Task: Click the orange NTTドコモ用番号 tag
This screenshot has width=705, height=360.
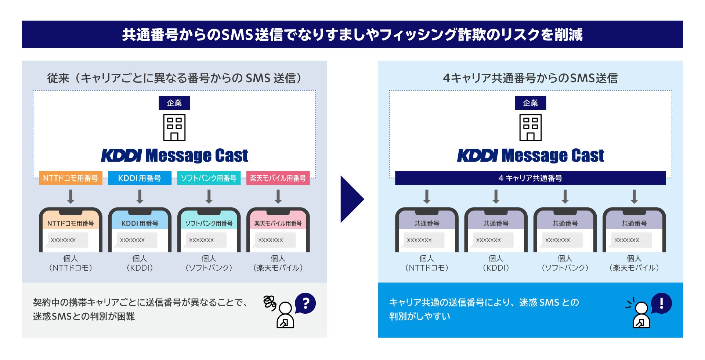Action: [x=70, y=178]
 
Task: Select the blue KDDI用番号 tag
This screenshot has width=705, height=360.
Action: [x=140, y=178]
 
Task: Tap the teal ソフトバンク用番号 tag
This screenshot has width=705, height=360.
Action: [x=209, y=178]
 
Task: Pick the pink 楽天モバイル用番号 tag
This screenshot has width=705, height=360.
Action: [x=278, y=178]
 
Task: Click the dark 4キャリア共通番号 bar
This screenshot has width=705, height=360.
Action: [x=530, y=178]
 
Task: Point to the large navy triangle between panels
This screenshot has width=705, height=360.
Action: [x=351, y=199]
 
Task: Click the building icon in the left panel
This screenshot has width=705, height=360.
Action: [x=174, y=127]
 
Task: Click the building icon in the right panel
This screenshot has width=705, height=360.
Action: [x=530, y=127]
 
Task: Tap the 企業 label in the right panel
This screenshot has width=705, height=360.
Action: [x=530, y=103]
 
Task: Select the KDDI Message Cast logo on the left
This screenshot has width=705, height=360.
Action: [x=174, y=155]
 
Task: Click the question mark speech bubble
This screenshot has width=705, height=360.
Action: [x=305, y=303]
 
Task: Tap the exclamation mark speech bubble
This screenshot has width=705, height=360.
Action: [x=661, y=303]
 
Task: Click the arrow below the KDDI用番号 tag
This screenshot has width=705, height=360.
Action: [x=140, y=197]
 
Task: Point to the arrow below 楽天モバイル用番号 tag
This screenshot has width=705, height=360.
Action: [x=278, y=197]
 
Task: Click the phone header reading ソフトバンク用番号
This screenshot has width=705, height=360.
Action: [x=209, y=223]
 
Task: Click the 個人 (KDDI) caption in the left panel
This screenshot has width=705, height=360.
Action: [x=140, y=263]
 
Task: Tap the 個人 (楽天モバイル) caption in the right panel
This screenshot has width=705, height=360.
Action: [x=634, y=263]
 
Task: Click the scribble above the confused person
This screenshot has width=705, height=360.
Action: [x=270, y=303]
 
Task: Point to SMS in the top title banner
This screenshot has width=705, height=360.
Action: [x=238, y=35]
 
